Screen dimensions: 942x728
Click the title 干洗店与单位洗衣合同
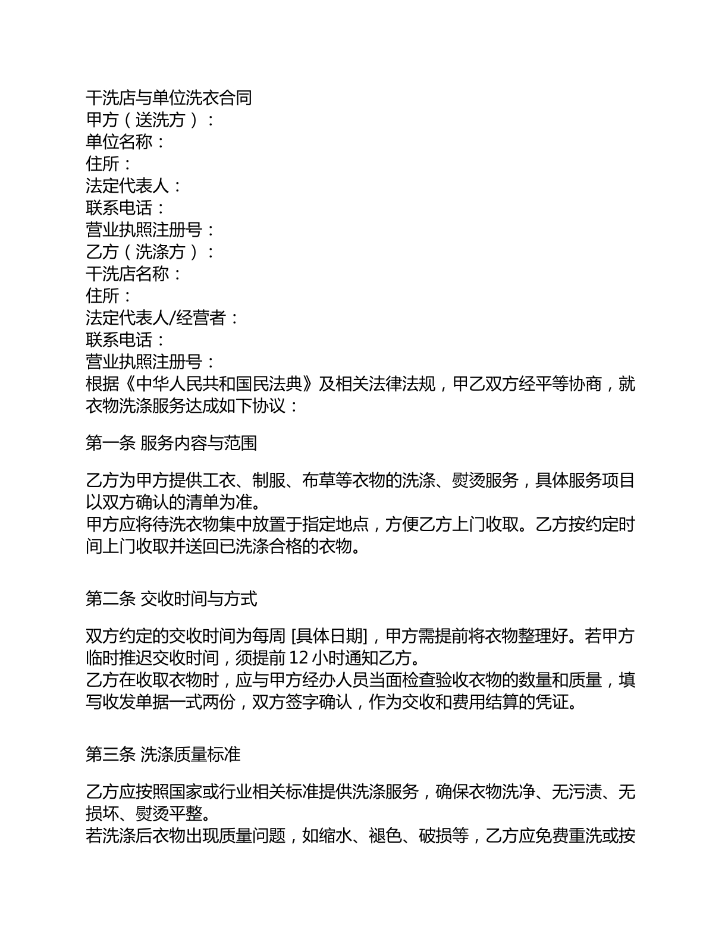[x=169, y=98]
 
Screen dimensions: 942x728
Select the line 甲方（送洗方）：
[x=151, y=120]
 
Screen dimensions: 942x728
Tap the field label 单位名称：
[x=125, y=142]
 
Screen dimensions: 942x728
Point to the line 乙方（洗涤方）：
[x=151, y=252]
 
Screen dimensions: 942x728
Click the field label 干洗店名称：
[x=134, y=274]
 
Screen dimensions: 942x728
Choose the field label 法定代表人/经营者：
[x=162, y=318]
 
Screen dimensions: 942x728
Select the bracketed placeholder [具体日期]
[x=332, y=636]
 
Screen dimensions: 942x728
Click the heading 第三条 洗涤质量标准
[x=163, y=755]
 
